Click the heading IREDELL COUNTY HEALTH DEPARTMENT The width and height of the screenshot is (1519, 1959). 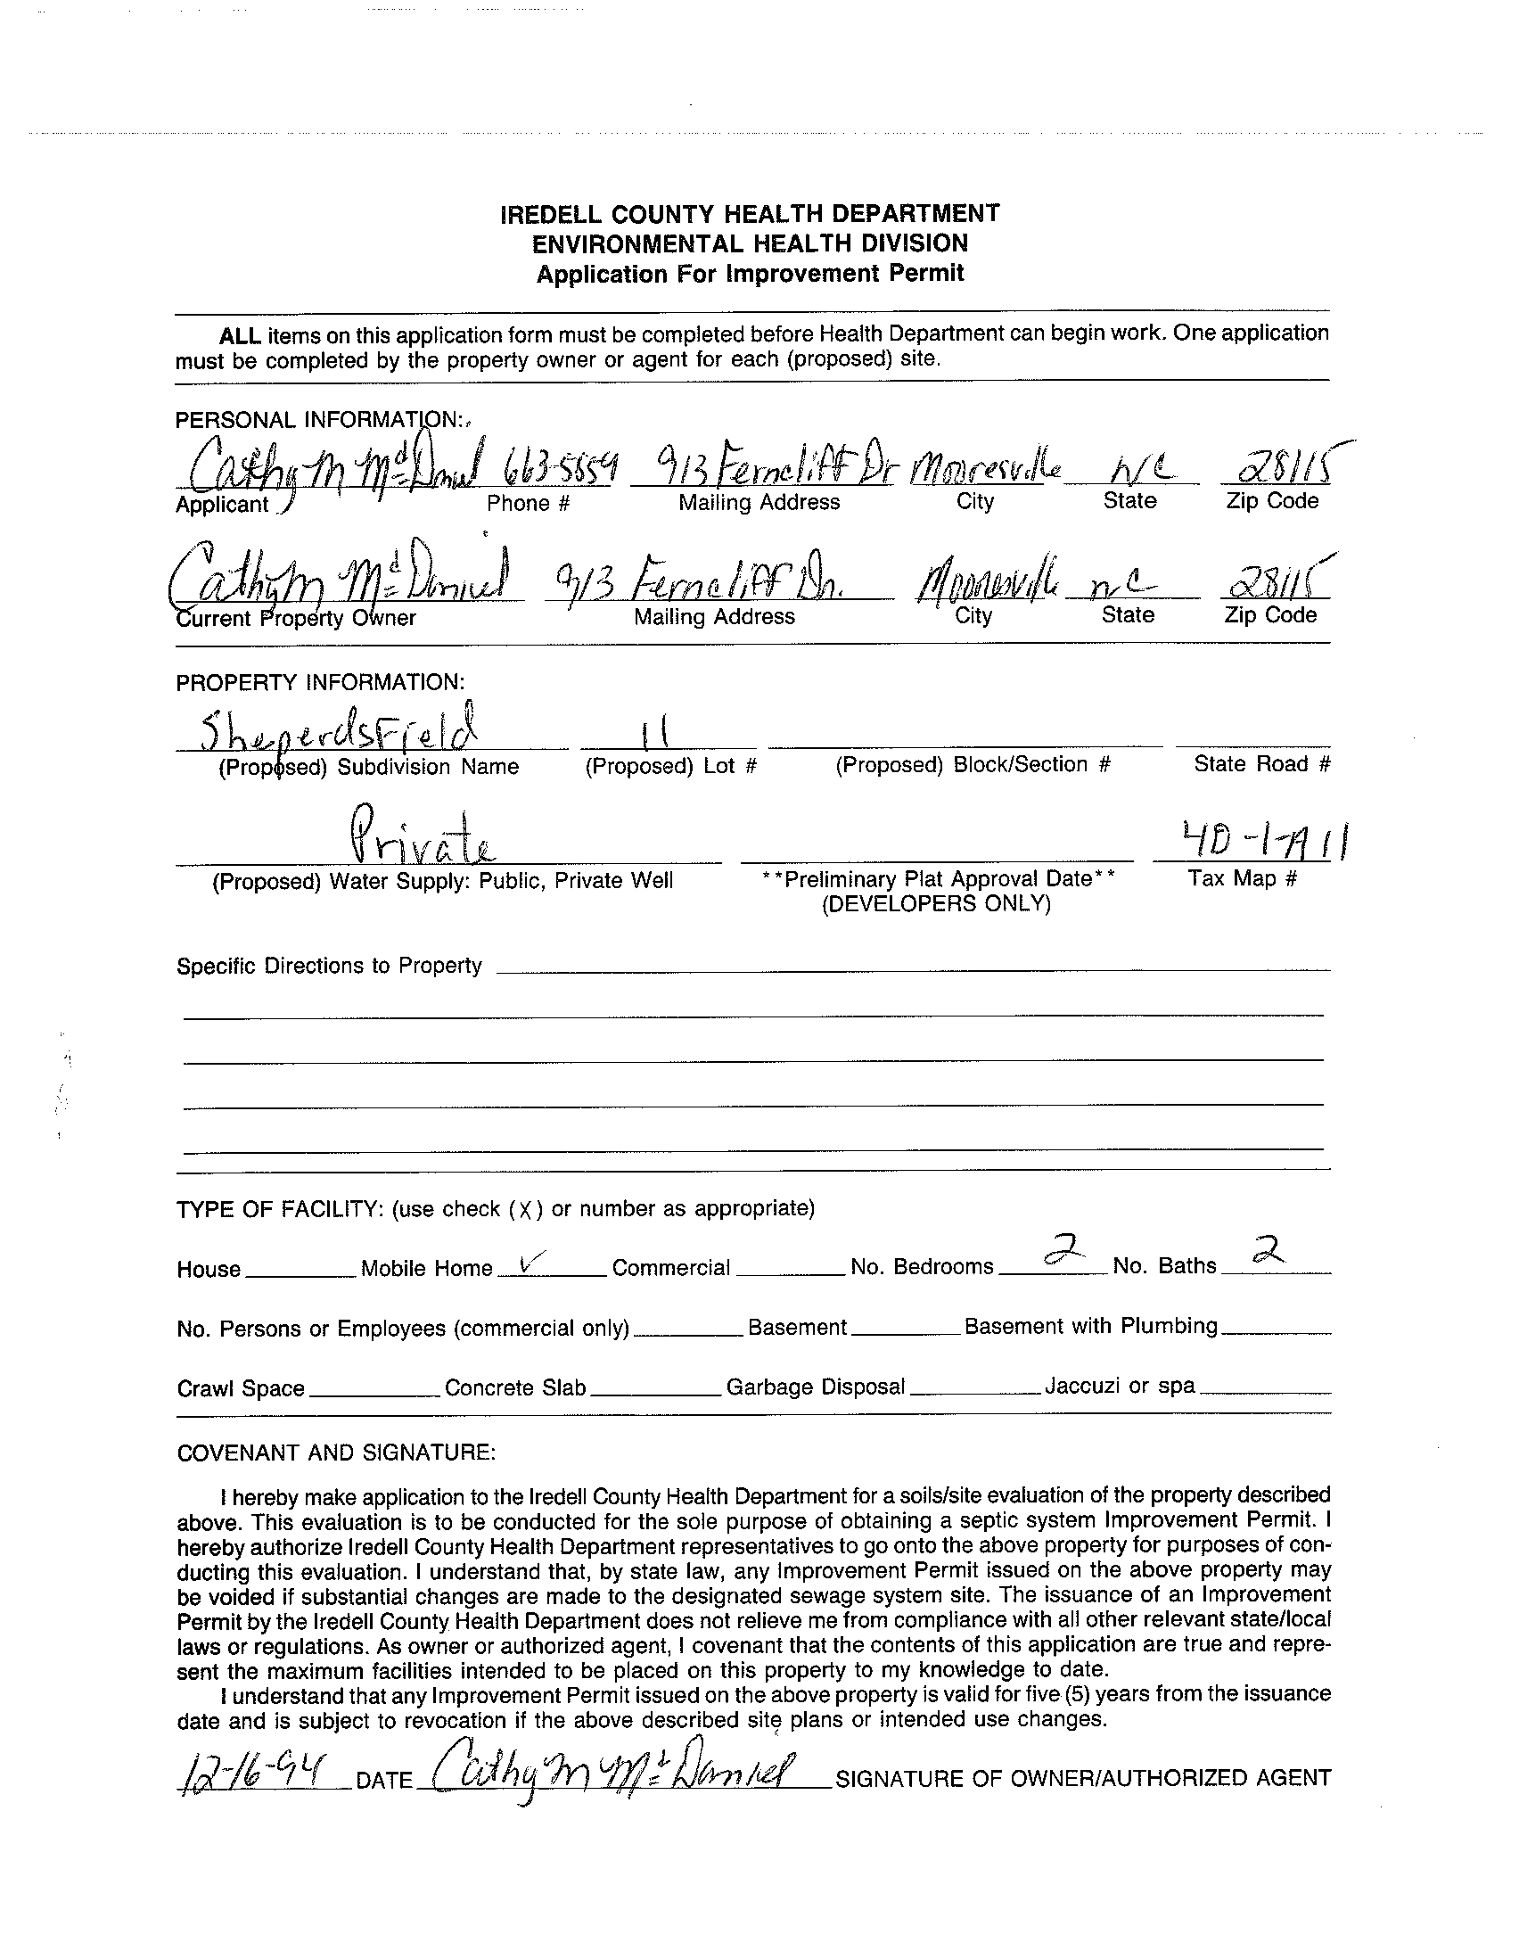[750, 213]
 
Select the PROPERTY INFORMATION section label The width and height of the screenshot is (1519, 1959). [320, 683]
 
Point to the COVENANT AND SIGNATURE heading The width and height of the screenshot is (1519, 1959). [336, 1453]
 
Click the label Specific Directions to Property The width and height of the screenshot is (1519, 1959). [329, 966]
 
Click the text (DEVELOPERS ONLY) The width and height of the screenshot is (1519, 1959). [936, 903]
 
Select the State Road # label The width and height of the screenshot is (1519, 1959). [1261, 764]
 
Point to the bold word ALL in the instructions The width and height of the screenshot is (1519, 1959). [241, 336]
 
